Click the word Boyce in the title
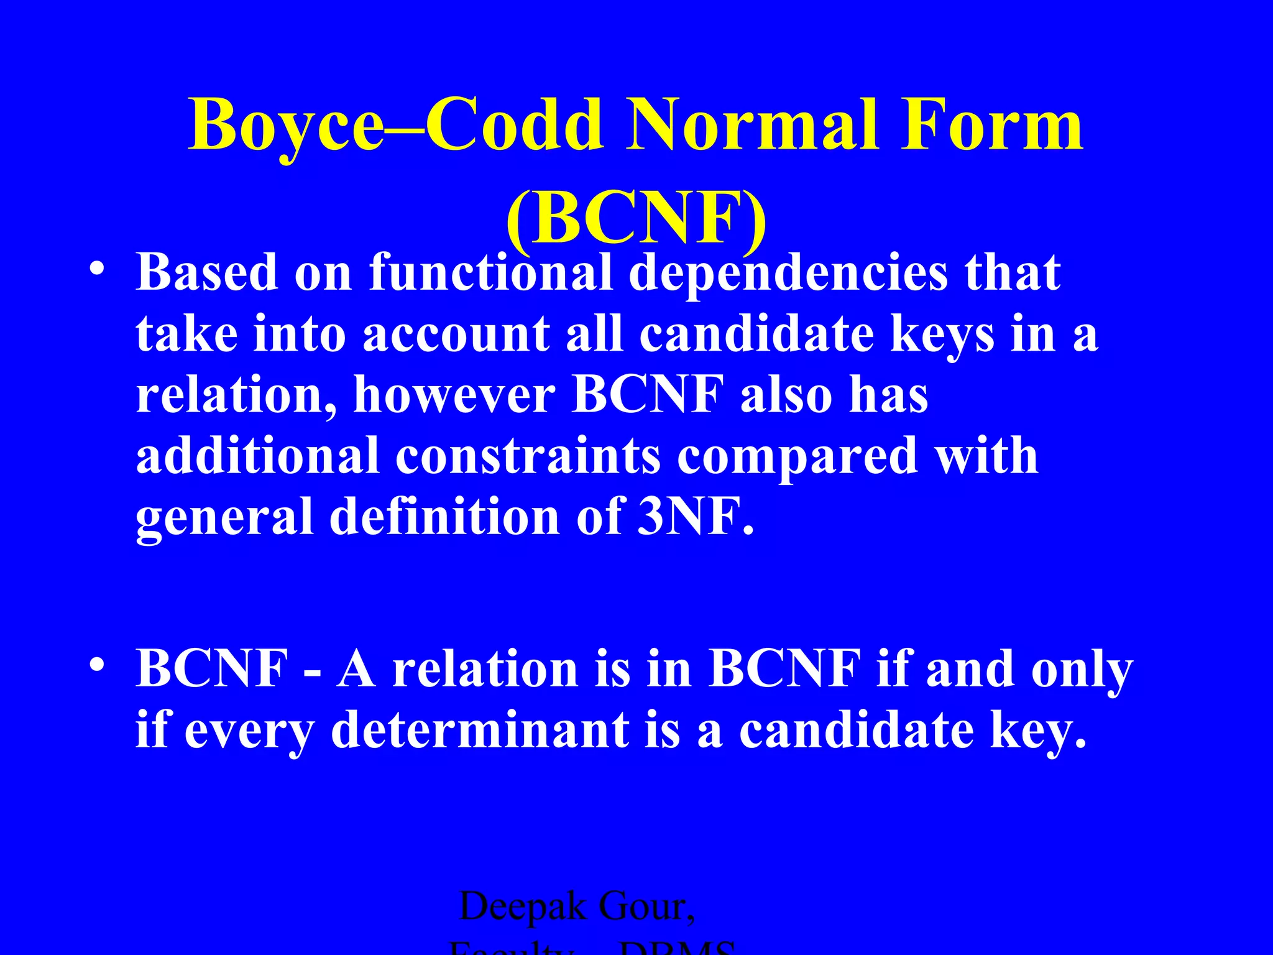click(x=287, y=126)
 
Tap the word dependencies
click(x=788, y=274)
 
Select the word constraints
click(x=528, y=456)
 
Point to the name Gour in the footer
click(x=646, y=907)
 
